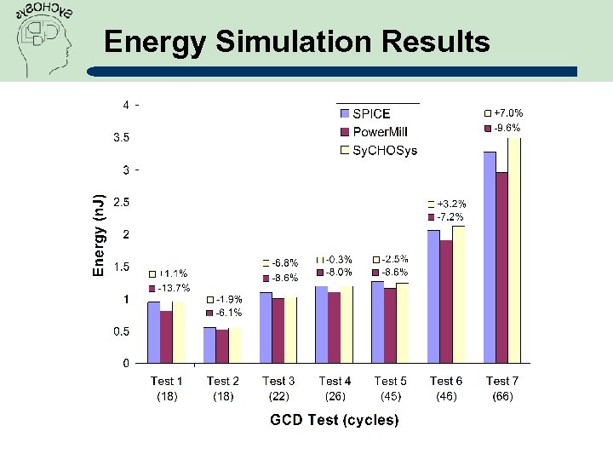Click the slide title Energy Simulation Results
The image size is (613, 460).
[296, 41]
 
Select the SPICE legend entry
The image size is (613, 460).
[371, 113]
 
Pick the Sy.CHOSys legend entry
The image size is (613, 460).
[384, 151]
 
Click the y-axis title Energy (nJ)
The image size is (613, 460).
[100, 234]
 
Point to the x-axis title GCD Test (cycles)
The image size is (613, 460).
[334, 420]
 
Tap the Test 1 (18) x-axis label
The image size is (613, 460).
[166, 388]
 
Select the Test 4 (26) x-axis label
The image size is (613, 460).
[335, 388]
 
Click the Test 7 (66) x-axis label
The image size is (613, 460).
[502, 388]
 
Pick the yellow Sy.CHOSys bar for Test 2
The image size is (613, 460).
[235, 346]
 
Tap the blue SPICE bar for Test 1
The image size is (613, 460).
[153, 332]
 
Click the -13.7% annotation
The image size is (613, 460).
[173, 288]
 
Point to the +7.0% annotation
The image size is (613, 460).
[508, 112]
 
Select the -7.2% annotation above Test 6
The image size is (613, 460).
[451, 217]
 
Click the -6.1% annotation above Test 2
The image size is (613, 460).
[229, 313]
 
